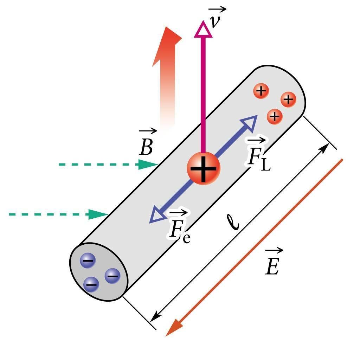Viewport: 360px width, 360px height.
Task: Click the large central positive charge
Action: point(203,168)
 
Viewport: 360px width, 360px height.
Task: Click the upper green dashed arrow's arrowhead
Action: point(148,164)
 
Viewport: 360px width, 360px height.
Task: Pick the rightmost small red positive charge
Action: point(288,100)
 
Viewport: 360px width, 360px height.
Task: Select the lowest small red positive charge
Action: point(275,116)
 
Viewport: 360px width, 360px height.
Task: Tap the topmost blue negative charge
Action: point(88,261)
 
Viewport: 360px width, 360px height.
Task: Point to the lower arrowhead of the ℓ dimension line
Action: point(155,316)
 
